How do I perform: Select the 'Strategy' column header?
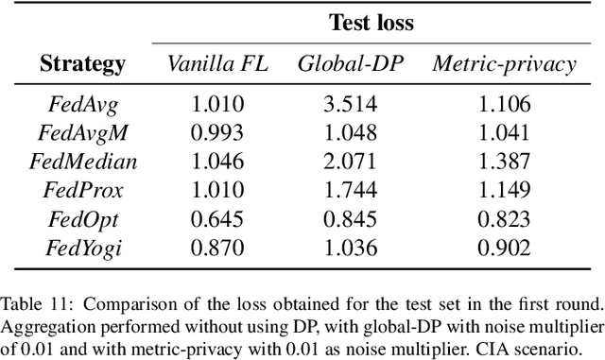[83, 64]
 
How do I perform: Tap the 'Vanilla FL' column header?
[218, 64]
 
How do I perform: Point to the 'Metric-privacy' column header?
[504, 64]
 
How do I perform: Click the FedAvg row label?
[83, 105]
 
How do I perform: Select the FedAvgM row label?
[83, 133]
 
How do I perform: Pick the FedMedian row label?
[83, 162]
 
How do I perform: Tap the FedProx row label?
[83, 190]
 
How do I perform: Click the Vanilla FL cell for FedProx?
[218, 190]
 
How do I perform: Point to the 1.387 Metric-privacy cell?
[504, 162]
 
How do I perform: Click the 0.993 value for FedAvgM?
[218, 133]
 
